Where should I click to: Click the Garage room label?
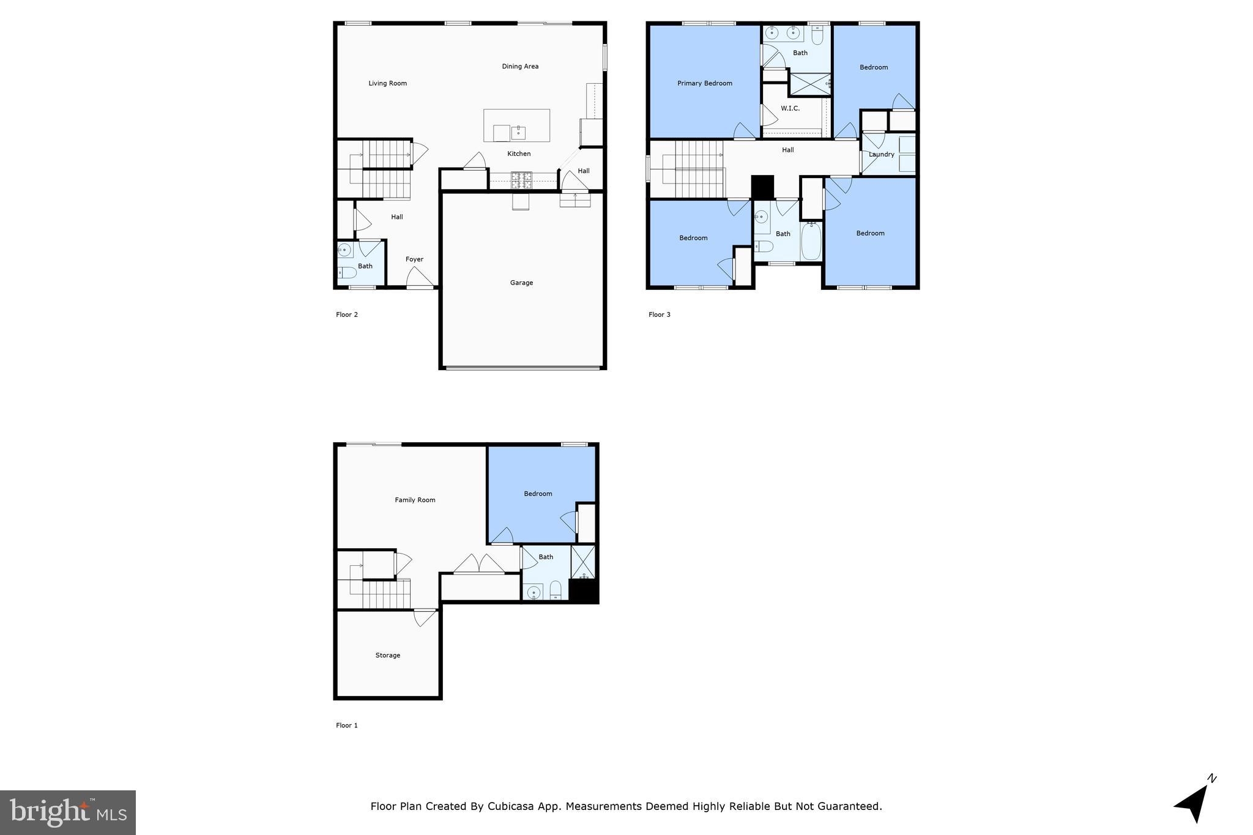pos(521,283)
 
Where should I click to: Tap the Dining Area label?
pos(520,66)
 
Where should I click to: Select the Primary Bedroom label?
pos(704,83)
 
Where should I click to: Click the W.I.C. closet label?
pos(790,108)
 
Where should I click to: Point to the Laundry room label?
pos(881,154)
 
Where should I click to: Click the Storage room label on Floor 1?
pos(387,655)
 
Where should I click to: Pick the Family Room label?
pos(415,500)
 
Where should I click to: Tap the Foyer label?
pos(414,259)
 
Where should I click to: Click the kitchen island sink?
pos(518,132)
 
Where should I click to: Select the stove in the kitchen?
pos(522,180)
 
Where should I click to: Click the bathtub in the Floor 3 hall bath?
pos(811,242)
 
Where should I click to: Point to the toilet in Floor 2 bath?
pos(346,272)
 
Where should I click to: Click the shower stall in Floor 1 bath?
pos(583,562)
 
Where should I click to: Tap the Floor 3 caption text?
pos(659,314)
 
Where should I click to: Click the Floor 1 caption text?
pos(346,726)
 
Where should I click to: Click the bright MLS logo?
pos(68,812)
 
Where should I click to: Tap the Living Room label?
pos(387,83)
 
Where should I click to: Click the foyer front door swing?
pos(419,278)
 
